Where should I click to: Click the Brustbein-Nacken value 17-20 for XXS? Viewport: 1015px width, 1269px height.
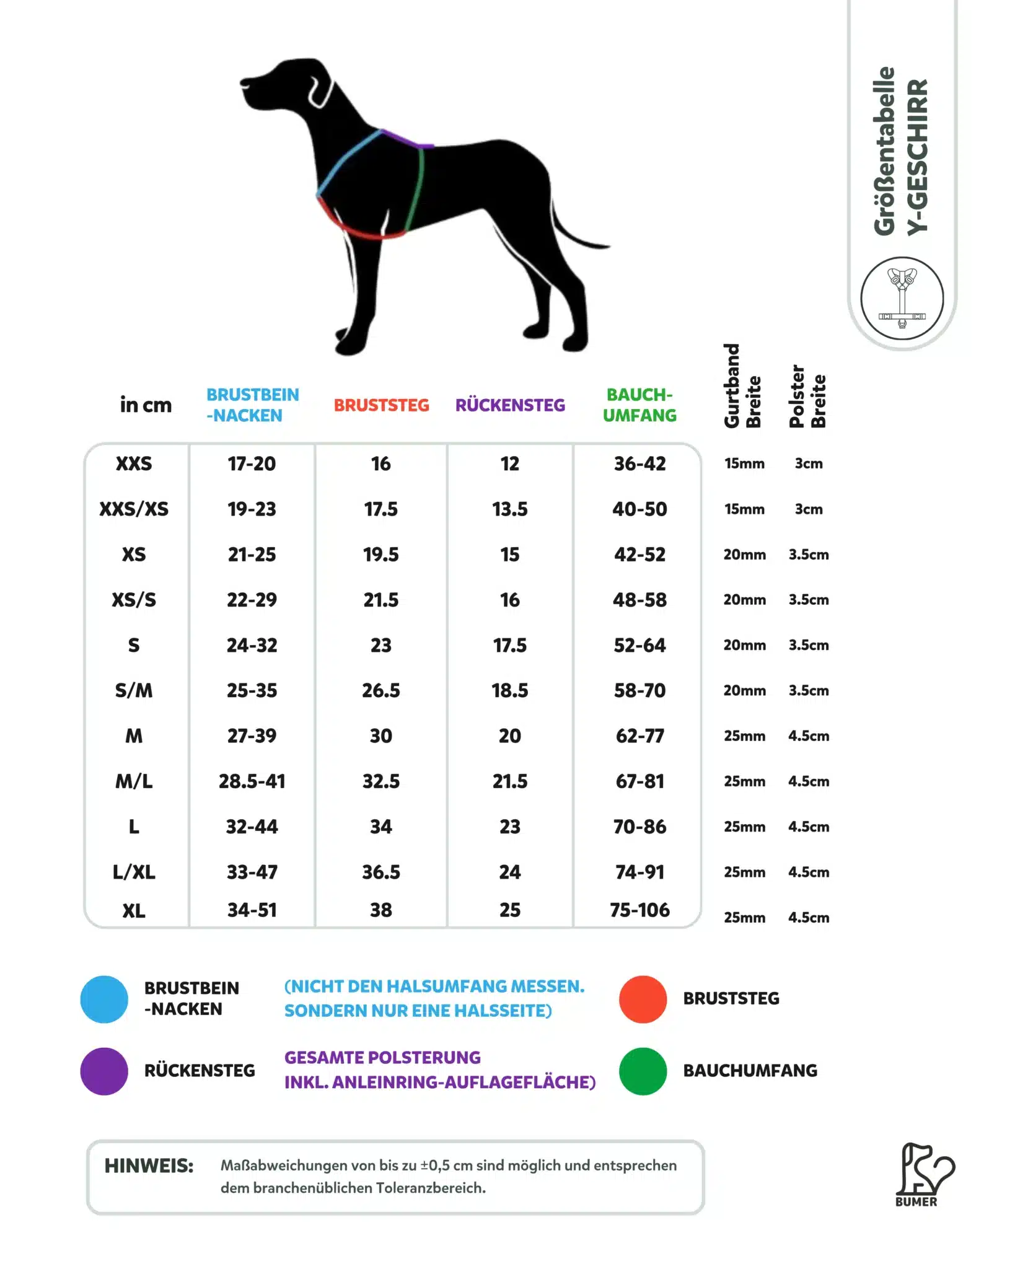point(252,463)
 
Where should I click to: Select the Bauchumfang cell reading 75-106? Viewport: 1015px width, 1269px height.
point(639,910)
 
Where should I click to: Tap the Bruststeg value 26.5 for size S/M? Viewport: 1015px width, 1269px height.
point(380,690)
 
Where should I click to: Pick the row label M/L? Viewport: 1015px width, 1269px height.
point(134,781)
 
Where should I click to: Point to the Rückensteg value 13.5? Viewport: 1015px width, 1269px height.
point(509,509)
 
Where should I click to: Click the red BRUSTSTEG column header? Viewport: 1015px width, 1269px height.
point(381,405)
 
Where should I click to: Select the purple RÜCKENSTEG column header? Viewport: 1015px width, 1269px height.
point(510,405)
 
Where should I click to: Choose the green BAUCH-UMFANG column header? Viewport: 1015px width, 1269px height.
point(639,405)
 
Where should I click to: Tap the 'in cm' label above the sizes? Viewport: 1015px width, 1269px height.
point(146,405)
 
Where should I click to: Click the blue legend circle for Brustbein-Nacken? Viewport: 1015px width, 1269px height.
point(104,999)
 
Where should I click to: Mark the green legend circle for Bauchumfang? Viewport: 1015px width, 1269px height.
point(643,1071)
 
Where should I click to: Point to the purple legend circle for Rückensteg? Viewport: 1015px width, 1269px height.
point(104,1071)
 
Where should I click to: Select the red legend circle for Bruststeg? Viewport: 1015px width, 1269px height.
point(643,999)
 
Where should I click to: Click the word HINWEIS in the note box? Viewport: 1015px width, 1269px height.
point(149,1166)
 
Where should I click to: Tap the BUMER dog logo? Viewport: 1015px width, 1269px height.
point(924,1174)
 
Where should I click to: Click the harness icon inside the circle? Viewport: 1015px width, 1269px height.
point(902,298)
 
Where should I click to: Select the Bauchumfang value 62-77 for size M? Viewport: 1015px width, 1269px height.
point(639,736)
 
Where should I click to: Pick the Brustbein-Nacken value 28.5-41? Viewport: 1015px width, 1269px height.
point(252,781)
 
